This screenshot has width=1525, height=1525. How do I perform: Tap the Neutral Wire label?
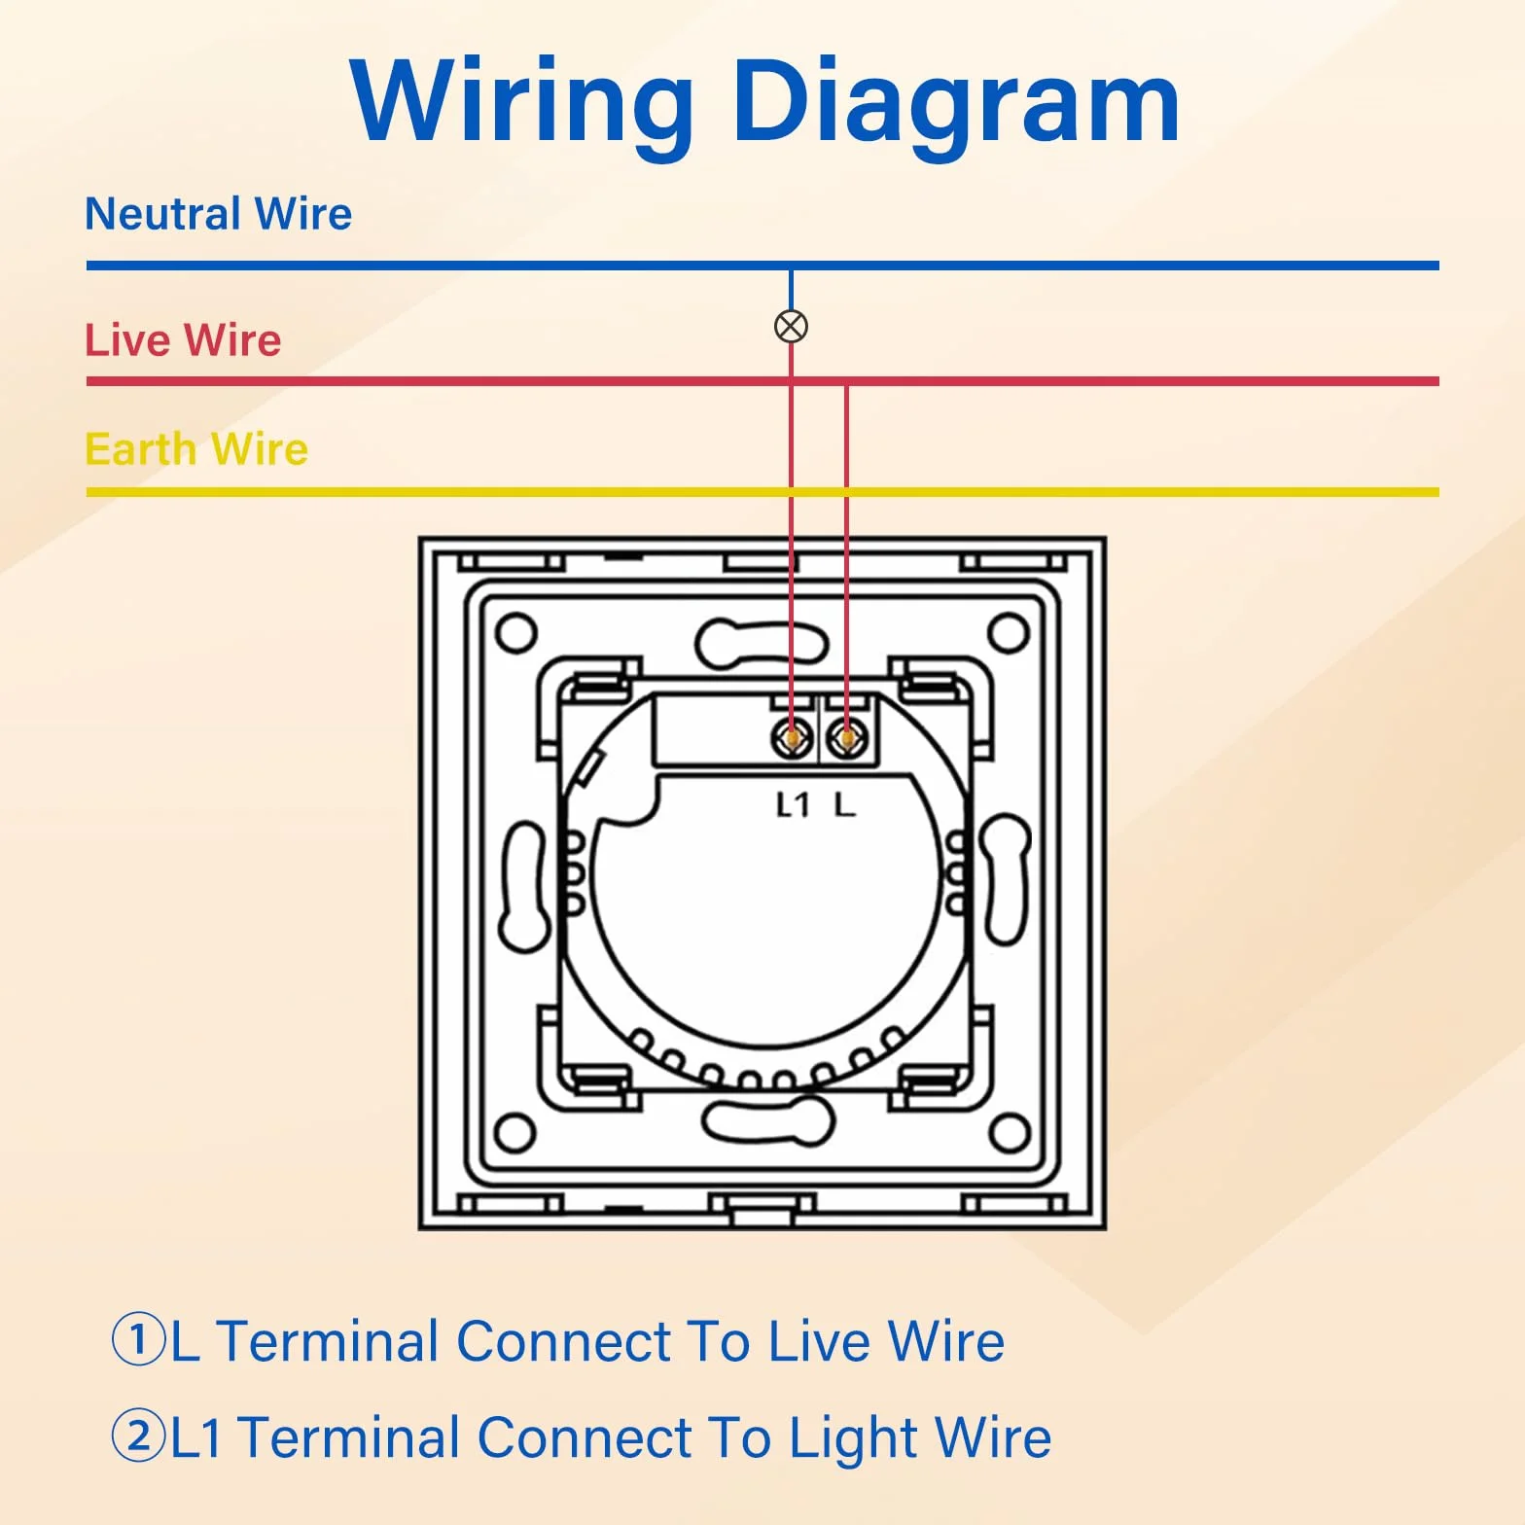pyautogui.click(x=219, y=214)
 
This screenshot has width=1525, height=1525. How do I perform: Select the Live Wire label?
pyautogui.click(x=183, y=340)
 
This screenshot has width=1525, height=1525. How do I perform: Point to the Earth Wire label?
pyautogui.click(x=196, y=449)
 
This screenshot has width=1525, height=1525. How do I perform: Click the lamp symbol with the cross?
pyautogui.click(x=791, y=326)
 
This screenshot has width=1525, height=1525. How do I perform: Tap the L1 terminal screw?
pyautogui.click(x=793, y=740)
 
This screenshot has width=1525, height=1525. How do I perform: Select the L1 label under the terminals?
pyautogui.click(x=793, y=804)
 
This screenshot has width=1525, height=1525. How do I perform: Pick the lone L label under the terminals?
pyautogui.click(x=845, y=804)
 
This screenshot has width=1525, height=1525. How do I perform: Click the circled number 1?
pyautogui.click(x=139, y=1339)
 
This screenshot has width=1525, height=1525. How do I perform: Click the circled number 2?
pyautogui.click(x=139, y=1436)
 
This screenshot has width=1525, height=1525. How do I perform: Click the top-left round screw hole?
pyautogui.click(x=515, y=633)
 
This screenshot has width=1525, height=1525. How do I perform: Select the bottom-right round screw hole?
pyautogui.click(x=1010, y=1133)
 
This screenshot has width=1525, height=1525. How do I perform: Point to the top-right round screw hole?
pyautogui.click(x=1009, y=633)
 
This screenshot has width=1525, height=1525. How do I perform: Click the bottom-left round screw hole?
pyautogui.click(x=515, y=1133)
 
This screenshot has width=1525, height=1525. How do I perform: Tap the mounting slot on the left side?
pyautogui.click(x=525, y=886)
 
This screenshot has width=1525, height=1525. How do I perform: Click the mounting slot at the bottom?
pyautogui.click(x=768, y=1120)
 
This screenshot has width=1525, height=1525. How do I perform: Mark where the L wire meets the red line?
pyautogui.click(x=847, y=382)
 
